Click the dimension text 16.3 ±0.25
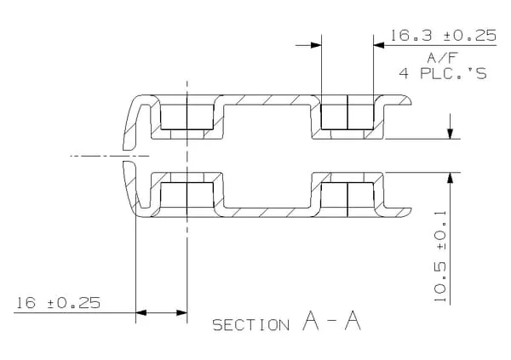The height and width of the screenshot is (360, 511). click(443, 35)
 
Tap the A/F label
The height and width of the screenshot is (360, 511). click(443, 58)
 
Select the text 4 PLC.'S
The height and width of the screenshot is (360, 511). click(443, 73)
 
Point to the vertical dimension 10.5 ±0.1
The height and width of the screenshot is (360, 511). click(440, 256)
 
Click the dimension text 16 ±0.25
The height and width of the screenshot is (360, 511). click(58, 303)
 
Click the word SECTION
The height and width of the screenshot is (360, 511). click(250, 325)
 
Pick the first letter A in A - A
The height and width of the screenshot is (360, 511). click(311, 320)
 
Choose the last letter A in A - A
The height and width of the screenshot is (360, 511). click(353, 320)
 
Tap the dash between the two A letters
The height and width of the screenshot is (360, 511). click(332, 323)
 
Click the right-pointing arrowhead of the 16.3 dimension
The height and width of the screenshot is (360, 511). click(316, 45)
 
